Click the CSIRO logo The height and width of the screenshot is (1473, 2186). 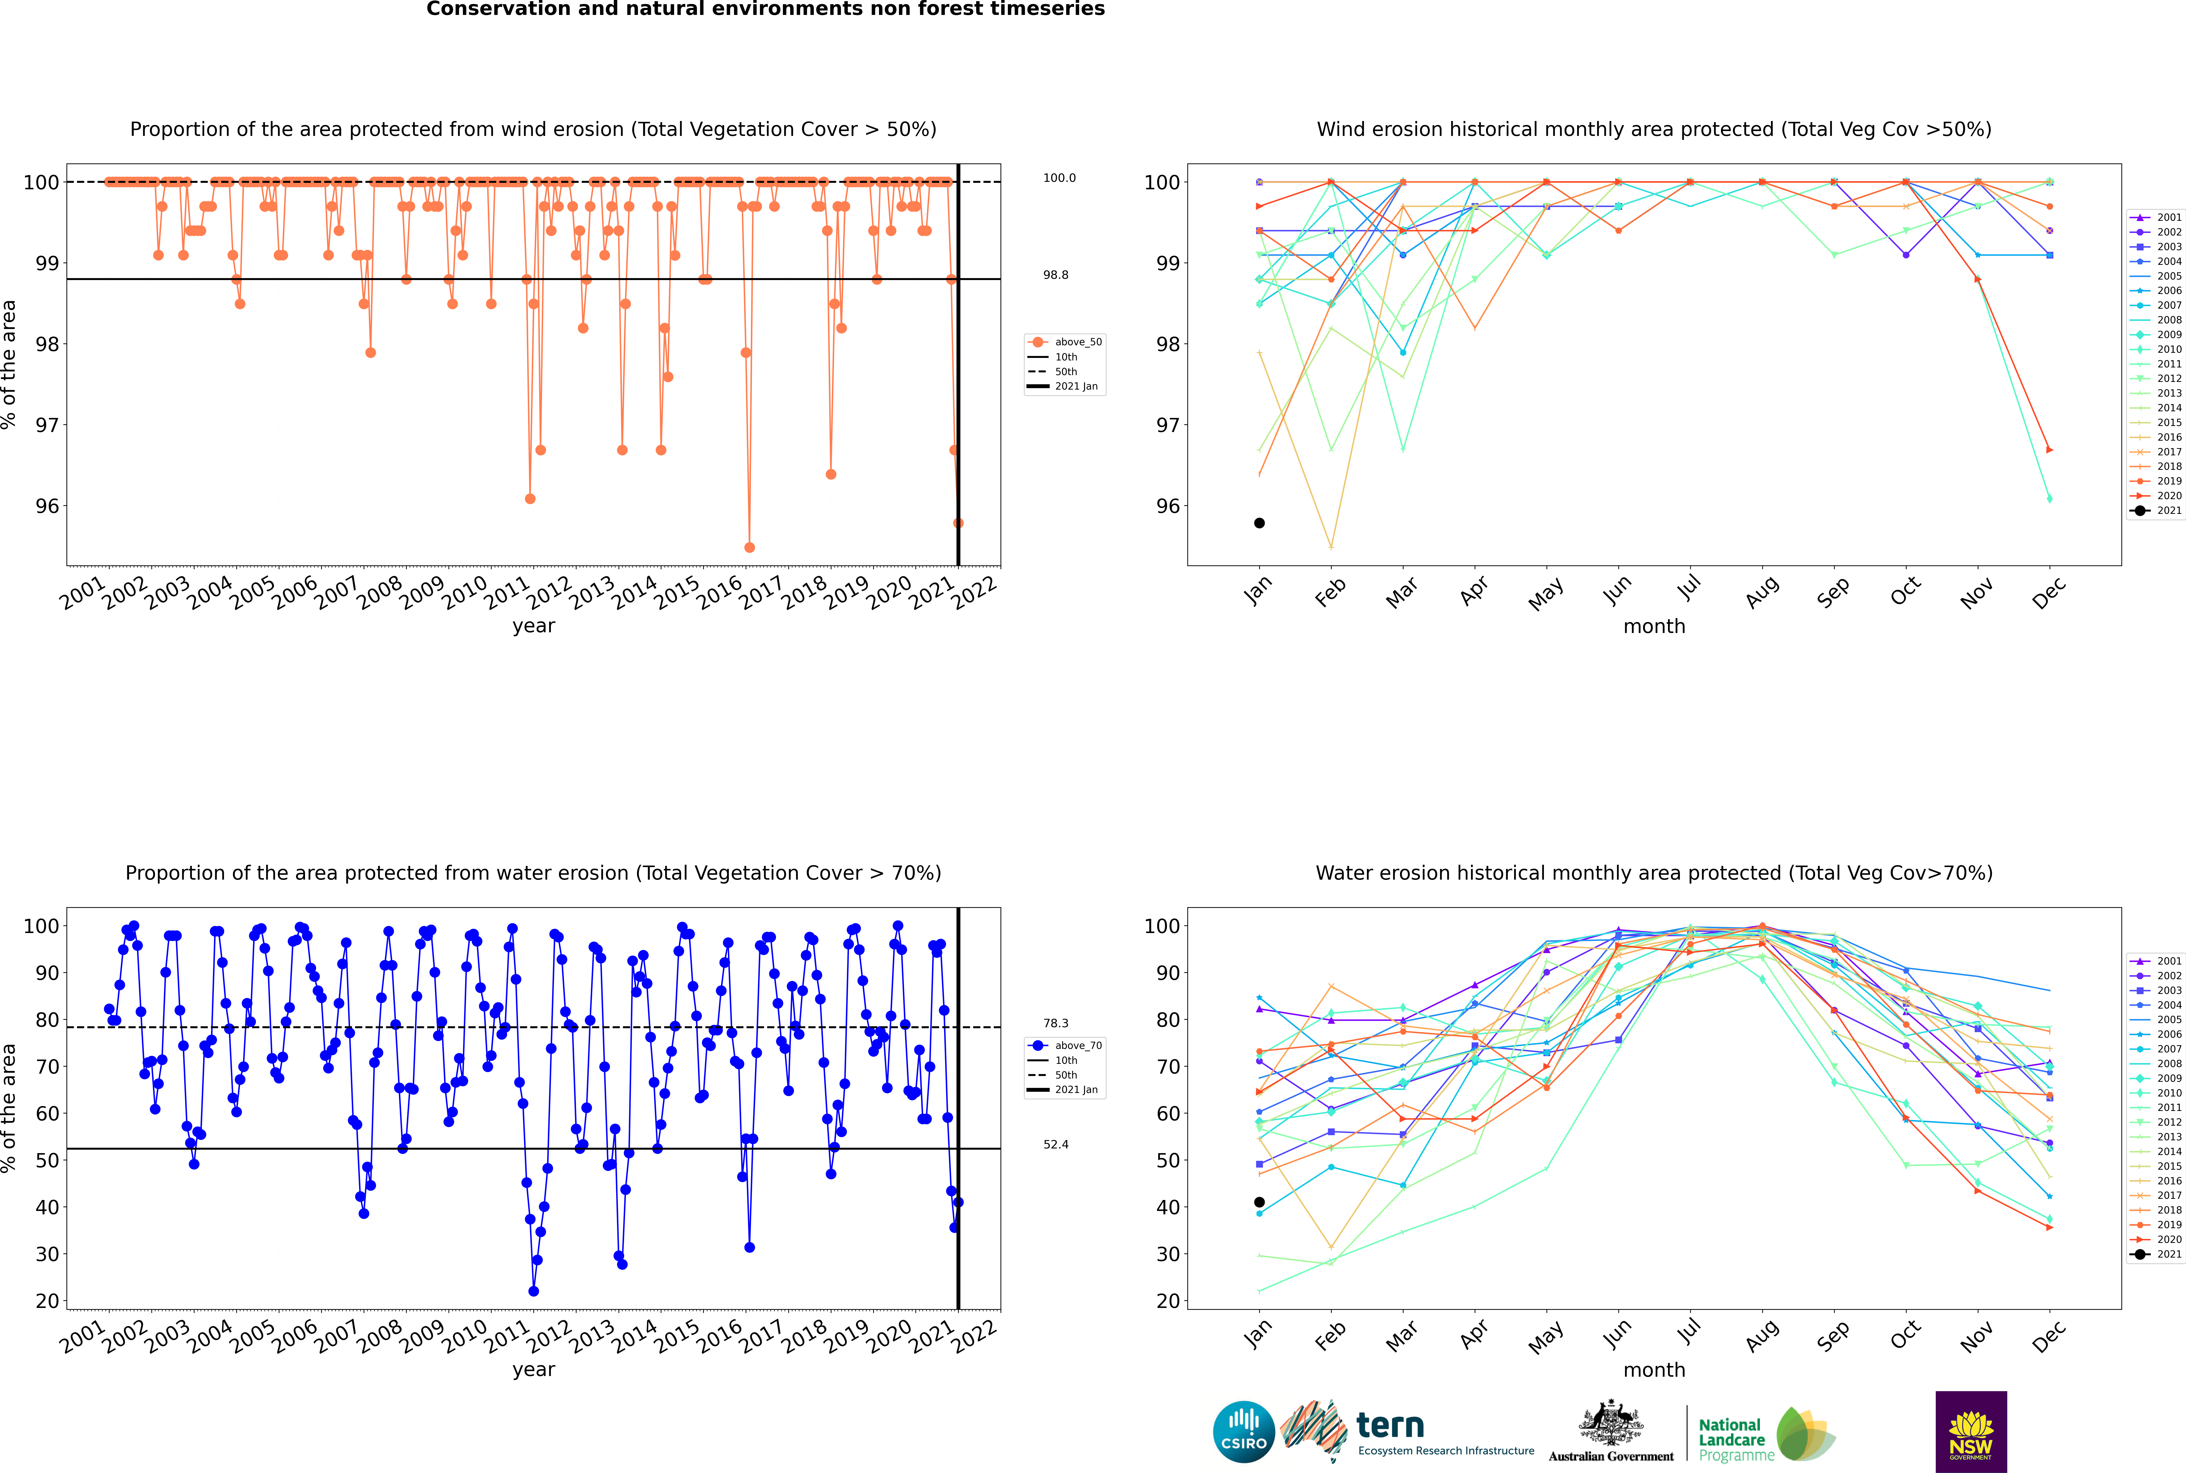point(1243,1432)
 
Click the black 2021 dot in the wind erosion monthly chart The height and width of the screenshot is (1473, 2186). point(1259,523)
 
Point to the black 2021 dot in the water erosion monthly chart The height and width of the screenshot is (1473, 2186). point(1259,1203)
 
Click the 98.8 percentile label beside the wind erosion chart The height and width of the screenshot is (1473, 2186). point(1055,275)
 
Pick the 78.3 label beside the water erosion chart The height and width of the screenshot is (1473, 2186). point(1055,1023)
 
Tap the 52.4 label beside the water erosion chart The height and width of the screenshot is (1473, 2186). point(1055,1144)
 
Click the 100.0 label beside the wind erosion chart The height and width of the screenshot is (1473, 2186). point(1059,178)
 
